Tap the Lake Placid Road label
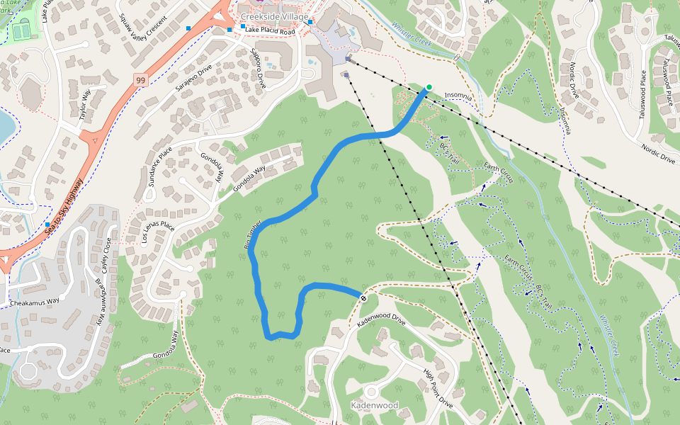coord(269,32)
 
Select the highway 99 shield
coord(141,81)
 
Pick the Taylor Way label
coord(86,104)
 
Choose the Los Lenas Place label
coord(157,232)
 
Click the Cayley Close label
coord(107,256)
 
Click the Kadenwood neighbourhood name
coord(374,406)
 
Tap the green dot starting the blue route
coord(429,87)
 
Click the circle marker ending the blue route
coord(363,298)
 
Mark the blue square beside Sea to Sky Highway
coord(47,224)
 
